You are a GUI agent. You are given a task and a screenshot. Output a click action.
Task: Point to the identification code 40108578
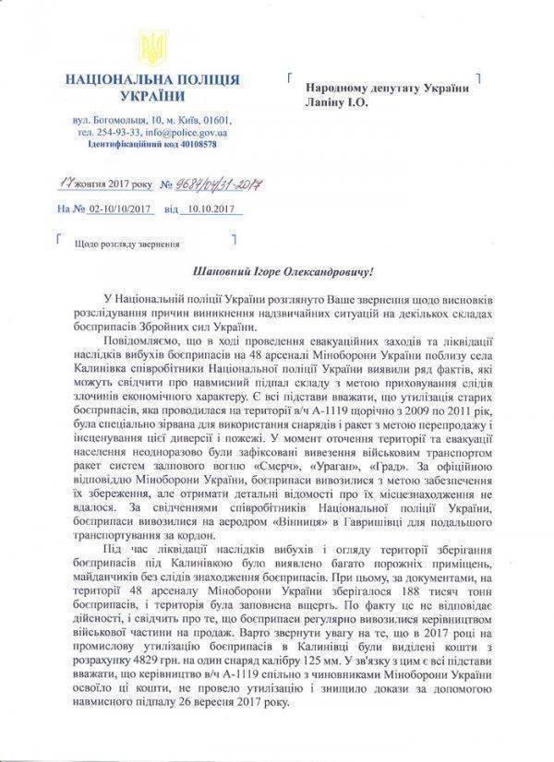[x=193, y=144]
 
